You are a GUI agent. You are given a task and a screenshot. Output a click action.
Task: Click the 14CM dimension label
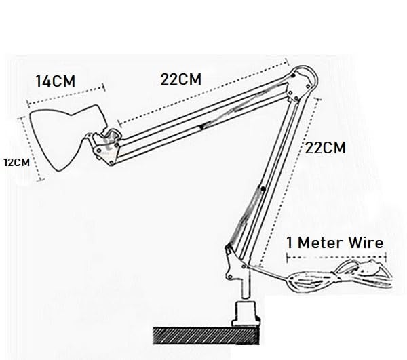[56, 81]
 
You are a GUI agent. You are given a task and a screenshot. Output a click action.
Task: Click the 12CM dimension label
[17, 163]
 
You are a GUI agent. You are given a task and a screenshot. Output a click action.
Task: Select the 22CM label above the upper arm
[181, 79]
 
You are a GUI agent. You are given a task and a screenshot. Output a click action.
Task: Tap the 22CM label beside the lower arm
[325, 148]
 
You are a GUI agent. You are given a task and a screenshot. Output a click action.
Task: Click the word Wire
[366, 243]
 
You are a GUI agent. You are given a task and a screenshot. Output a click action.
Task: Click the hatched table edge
[206, 336]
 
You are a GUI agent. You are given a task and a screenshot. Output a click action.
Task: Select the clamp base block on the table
[246, 314]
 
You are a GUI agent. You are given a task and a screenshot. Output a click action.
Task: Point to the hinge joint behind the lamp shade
[107, 147]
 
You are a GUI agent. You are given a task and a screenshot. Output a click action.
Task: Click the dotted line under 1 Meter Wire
[336, 258]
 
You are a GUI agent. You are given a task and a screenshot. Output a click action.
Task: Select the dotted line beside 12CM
[31, 148]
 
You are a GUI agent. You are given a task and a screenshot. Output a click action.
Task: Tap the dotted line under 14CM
[66, 96]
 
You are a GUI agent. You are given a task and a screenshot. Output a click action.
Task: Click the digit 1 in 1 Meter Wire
[290, 243]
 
